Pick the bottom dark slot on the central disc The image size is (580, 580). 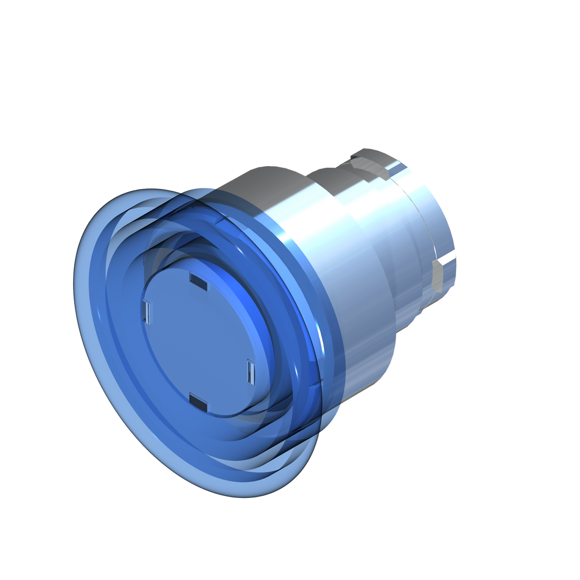coord(197,402)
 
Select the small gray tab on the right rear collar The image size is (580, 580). coord(439,275)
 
